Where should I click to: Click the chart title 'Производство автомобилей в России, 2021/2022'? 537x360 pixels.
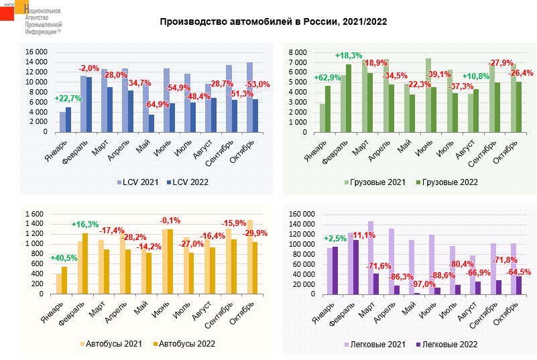[x=273, y=22]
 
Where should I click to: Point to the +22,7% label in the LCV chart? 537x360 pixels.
[x=67, y=99]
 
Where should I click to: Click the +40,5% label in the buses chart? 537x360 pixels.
[x=64, y=257]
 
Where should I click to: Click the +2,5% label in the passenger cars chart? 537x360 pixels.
[x=335, y=239]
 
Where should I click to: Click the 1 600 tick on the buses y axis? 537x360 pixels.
[x=34, y=215]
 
